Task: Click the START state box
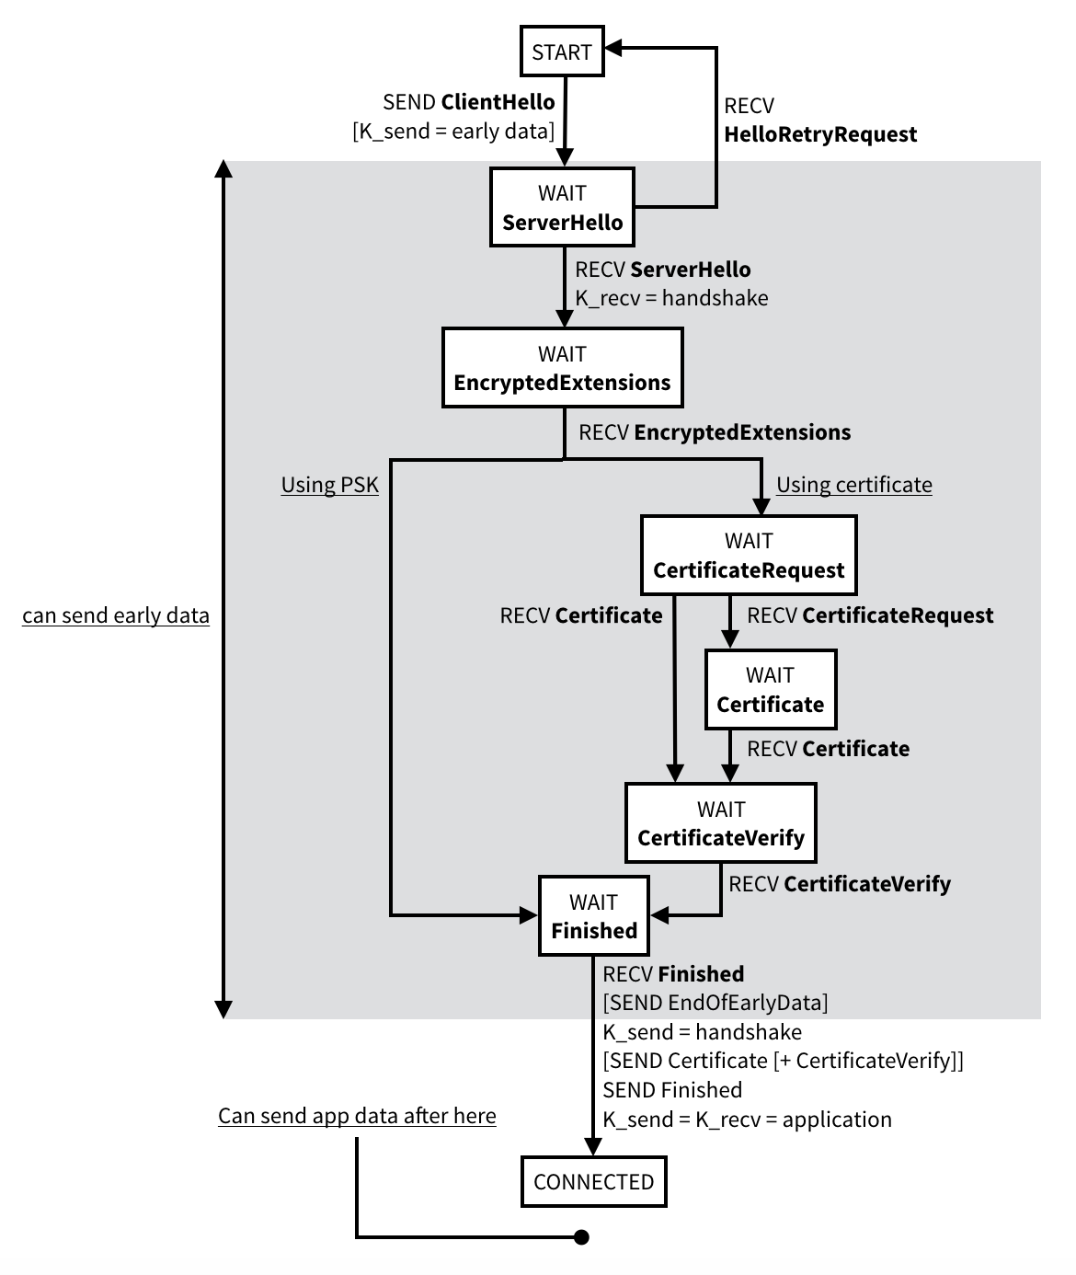[x=562, y=52]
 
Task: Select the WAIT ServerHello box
[x=562, y=207]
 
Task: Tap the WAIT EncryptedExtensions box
[x=562, y=368]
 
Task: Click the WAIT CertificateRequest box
[x=748, y=555]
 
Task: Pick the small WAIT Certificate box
[x=770, y=690]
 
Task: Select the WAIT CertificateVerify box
[x=720, y=823]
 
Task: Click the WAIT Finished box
[x=593, y=916]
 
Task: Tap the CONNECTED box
[x=593, y=1182]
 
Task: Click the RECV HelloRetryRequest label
[x=819, y=121]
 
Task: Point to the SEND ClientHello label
[x=468, y=102]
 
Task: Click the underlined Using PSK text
[x=329, y=485]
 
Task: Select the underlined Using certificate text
[x=853, y=485]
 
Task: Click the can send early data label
[x=116, y=615]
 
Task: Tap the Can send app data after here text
[x=357, y=1116]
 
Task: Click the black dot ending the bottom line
[x=581, y=1237]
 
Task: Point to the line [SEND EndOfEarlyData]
[x=715, y=1002]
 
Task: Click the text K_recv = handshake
[x=671, y=298]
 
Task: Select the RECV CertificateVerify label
[x=839, y=884]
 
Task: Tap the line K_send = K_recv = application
[x=747, y=1120]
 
